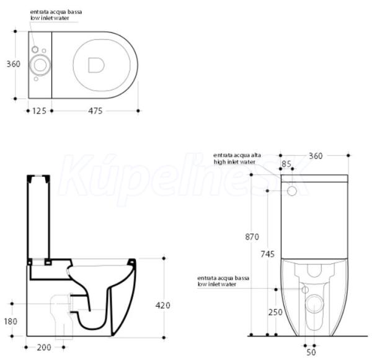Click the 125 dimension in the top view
pos(39,111)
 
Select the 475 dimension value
pos(95,111)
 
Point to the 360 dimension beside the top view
pos(13,64)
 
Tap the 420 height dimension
pos(162,305)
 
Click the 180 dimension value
pos(11,322)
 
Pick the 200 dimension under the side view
pos(44,348)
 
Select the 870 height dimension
pos(252,236)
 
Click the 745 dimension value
pos(268,254)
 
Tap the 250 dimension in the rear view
pos(275,312)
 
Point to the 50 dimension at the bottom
pos(311,352)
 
